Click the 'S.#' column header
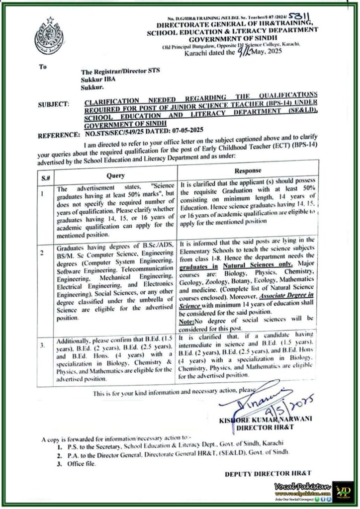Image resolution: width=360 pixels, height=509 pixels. (44, 178)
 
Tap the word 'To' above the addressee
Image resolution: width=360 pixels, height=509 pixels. (43, 65)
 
